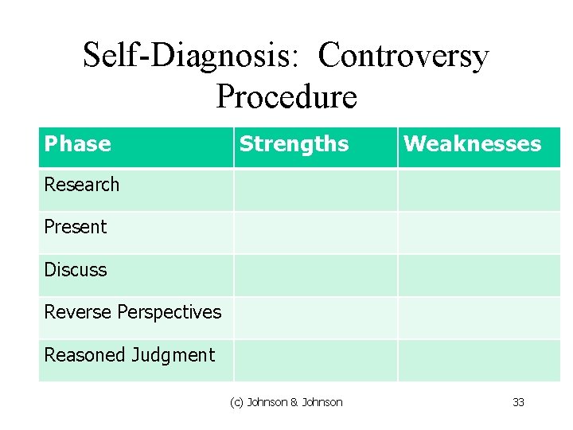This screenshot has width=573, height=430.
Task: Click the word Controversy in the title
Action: pos(403,57)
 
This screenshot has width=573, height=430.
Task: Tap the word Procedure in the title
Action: pos(286,97)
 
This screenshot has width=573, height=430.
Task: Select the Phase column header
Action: pos(78,144)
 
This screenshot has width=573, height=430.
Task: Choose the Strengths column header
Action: pos(294,144)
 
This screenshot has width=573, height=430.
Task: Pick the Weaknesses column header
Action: pos(472,144)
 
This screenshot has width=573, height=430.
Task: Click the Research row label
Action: pos(81,185)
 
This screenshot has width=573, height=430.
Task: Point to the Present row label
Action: pos(75,227)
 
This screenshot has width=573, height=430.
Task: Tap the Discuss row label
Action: pos(75,270)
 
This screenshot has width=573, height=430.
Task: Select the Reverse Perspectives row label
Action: pos(132,312)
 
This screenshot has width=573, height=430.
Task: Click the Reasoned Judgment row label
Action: pos(129,355)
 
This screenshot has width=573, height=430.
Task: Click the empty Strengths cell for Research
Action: pos(315,190)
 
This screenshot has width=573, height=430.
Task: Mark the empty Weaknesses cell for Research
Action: pos(478,190)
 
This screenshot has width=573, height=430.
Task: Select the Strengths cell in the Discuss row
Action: pos(315,276)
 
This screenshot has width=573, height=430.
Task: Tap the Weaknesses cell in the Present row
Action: pos(478,233)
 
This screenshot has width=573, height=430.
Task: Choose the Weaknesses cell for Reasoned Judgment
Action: pos(478,361)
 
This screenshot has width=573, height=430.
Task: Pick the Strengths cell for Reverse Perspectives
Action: pos(315,318)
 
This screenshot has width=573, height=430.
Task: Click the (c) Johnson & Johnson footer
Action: pos(286,402)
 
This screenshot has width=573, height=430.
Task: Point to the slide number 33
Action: pos(518,402)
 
